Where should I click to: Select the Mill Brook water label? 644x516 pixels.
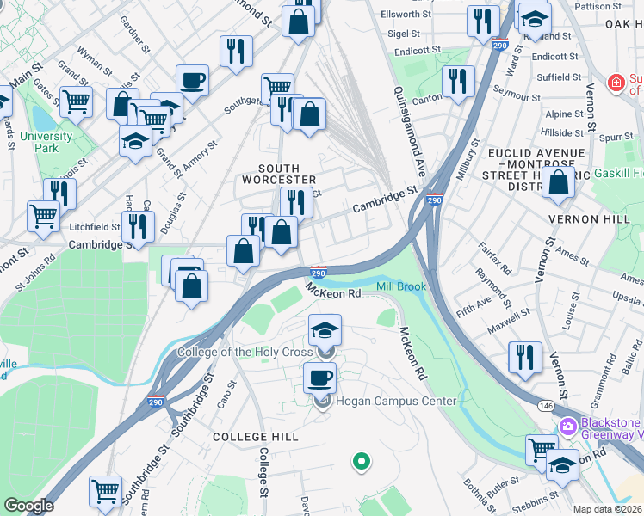pyautogui.click(x=400, y=286)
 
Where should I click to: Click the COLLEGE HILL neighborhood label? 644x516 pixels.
pyautogui.click(x=256, y=437)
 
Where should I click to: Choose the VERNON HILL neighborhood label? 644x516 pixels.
pyautogui.click(x=589, y=219)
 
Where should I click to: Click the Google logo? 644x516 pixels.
pyautogui.click(x=28, y=505)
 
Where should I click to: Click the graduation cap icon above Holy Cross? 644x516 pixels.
pyautogui.click(x=324, y=330)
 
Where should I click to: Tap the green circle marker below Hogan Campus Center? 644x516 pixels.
pyautogui.click(x=362, y=463)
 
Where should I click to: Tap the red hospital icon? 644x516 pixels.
pyautogui.click(x=615, y=83)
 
